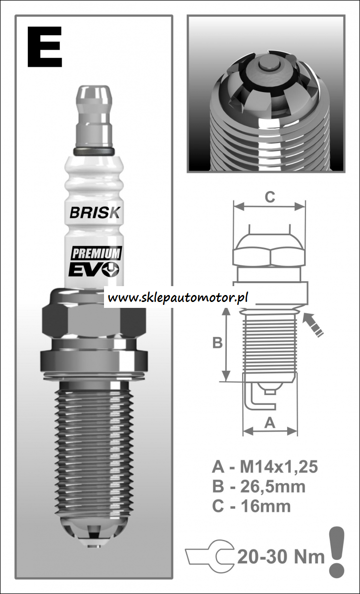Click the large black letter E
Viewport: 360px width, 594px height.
click(x=45, y=47)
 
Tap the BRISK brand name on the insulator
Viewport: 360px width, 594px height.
click(x=95, y=212)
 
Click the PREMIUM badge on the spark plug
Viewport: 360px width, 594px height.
click(x=96, y=253)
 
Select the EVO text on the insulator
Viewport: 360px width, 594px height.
click(x=94, y=269)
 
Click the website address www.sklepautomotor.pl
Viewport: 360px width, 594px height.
click(x=178, y=297)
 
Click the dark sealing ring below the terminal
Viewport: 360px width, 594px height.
click(x=94, y=151)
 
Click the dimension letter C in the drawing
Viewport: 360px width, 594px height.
click(x=270, y=198)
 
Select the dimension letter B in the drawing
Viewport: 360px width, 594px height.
click(x=217, y=343)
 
